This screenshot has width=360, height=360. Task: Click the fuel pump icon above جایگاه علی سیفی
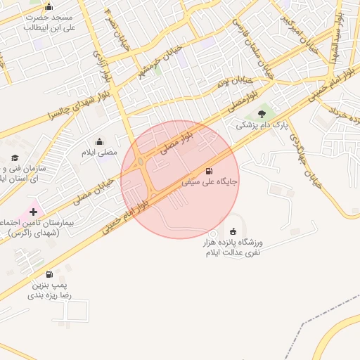tap(209, 171)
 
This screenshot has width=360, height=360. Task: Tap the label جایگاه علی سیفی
tap(210, 181)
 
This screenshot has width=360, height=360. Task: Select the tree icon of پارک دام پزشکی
tap(262, 113)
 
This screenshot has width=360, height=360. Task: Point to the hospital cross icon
tap(33, 211)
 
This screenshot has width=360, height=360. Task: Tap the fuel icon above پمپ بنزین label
tap(49, 274)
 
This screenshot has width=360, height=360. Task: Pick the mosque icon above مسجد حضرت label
tap(49, 7)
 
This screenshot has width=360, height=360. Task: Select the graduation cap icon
tap(15, 158)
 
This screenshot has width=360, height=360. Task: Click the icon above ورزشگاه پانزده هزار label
tap(233, 231)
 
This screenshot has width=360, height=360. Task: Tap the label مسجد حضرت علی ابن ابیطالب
tap(49, 22)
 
